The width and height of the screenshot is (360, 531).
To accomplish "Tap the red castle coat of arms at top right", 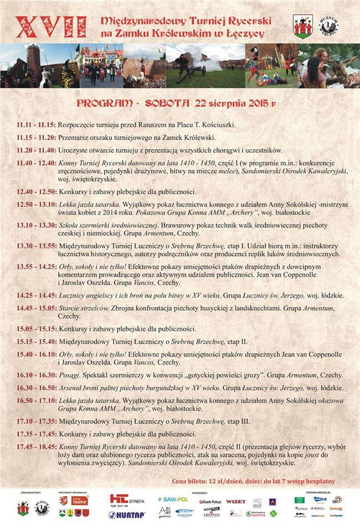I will [302, 25].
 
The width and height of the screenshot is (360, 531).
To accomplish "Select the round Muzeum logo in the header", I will [328, 26].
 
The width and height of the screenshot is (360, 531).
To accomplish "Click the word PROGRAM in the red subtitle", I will [104, 103].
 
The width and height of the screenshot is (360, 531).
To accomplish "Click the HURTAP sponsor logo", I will [127, 514].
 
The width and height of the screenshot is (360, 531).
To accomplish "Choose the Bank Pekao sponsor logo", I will [210, 502].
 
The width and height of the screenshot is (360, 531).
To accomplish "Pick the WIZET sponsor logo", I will [236, 501].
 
